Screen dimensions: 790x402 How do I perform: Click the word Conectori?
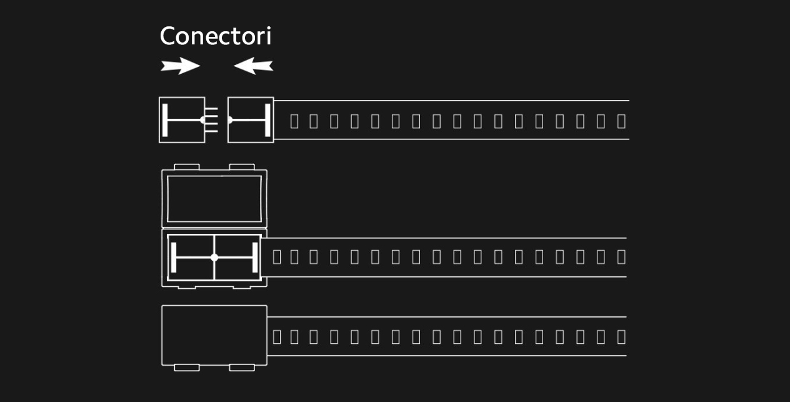point(216,36)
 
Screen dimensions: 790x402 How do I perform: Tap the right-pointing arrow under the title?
point(180,66)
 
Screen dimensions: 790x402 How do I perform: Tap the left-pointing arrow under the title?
point(253,66)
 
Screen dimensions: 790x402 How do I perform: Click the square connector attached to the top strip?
point(251,120)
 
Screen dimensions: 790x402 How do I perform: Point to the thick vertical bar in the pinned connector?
point(165,120)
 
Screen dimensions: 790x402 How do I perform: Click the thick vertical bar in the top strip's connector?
point(267,120)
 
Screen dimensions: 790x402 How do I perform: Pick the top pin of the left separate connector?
point(211,109)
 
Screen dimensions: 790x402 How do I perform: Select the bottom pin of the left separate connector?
point(211,131)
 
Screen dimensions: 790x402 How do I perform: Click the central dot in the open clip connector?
point(214,258)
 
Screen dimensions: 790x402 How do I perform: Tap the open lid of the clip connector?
point(214,199)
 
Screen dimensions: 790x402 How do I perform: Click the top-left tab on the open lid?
point(187,166)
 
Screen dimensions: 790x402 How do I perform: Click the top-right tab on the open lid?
point(242,166)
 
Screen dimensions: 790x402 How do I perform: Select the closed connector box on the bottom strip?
point(214,335)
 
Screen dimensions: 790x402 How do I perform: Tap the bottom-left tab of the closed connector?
point(187,368)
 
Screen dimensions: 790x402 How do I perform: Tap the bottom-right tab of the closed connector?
point(242,368)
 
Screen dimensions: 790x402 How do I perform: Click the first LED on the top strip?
point(294,121)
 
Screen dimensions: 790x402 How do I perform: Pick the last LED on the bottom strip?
point(621,337)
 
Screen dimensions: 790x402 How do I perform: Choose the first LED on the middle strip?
point(277,257)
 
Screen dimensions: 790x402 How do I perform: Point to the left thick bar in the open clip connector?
point(174,258)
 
